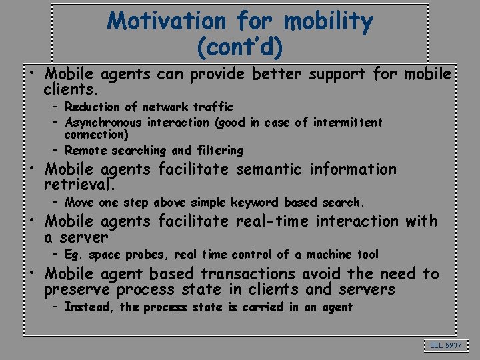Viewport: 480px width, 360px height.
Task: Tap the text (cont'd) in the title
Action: click(x=240, y=47)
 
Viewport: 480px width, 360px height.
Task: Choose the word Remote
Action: click(x=84, y=151)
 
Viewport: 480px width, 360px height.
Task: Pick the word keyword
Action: click(x=256, y=202)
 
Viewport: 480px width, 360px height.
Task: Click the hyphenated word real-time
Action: click(x=274, y=221)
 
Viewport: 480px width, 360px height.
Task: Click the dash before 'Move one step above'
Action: click(x=57, y=202)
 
